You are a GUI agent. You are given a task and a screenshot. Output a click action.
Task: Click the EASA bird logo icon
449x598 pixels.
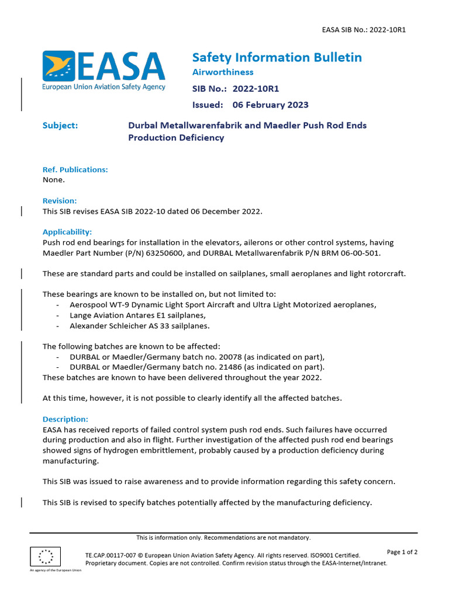pyautogui.click(x=58, y=65)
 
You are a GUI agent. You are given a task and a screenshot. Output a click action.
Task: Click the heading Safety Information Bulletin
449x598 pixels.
pyautogui.click(x=277, y=57)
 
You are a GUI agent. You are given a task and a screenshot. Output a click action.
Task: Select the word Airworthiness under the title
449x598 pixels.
pyautogui.click(x=223, y=72)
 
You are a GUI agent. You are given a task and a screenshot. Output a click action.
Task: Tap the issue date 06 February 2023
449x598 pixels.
pyautogui.click(x=270, y=105)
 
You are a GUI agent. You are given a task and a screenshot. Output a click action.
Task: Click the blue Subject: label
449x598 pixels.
pyautogui.click(x=60, y=126)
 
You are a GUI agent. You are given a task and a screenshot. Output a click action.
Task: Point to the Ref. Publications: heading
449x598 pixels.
pyautogui.click(x=75, y=169)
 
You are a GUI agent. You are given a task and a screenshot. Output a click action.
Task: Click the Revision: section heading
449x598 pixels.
pyautogui.click(x=60, y=200)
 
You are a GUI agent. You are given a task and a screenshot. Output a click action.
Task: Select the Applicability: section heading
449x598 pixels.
pyautogui.click(x=67, y=231)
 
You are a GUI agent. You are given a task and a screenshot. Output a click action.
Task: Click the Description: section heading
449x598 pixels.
pyautogui.click(x=65, y=419)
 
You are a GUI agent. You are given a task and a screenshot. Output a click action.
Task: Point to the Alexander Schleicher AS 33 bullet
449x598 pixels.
pyautogui.click(x=139, y=326)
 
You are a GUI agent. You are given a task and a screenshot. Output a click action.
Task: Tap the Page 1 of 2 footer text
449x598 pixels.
pyautogui.click(x=402, y=552)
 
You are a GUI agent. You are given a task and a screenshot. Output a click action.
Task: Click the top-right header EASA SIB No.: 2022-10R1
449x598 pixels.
pyautogui.click(x=364, y=30)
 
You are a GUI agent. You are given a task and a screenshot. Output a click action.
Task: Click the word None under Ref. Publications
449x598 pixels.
pyautogui.click(x=54, y=180)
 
